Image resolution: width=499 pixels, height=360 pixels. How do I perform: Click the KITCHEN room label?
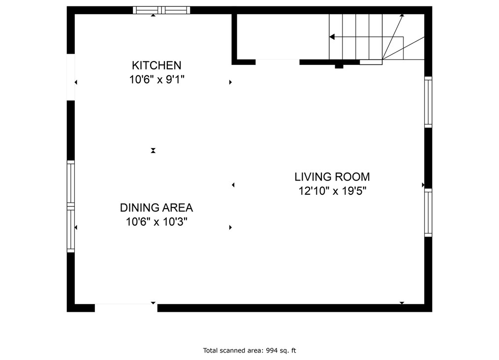tap(156, 65)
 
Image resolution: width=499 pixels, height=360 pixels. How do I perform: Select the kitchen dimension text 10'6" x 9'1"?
tap(156, 80)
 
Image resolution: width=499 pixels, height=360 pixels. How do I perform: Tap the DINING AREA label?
tap(156, 208)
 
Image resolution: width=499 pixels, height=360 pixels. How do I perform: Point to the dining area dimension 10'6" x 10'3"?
tap(156, 222)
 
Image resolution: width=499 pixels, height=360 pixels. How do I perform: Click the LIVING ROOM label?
tap(332, 177)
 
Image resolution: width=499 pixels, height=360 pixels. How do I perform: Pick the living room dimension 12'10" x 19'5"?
tap(332, 191)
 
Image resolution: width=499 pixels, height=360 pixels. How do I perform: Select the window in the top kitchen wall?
tap(161, 10)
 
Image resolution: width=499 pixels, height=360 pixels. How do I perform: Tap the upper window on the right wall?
tap(428, 102)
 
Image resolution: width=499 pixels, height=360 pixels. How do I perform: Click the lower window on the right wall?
tap(428, 212)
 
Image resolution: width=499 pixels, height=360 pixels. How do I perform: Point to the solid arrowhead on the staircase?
tap(332, 37)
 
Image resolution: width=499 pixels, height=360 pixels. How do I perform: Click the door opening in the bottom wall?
tap(126, 307)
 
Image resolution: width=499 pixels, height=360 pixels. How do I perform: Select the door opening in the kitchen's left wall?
tap(71, 77)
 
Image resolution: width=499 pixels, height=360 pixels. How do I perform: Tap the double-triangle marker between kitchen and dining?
tap(153, 150)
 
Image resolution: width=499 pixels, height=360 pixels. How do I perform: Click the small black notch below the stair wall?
tap(339, 66)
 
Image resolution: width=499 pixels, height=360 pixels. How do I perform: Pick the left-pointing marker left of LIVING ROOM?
tap(233, 185)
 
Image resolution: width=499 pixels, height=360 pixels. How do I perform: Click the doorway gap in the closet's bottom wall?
tap(278, 62)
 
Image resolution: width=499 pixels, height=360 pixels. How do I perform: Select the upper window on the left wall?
tap(71, 182)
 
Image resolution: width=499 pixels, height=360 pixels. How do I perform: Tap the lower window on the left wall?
tap(71, 229)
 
